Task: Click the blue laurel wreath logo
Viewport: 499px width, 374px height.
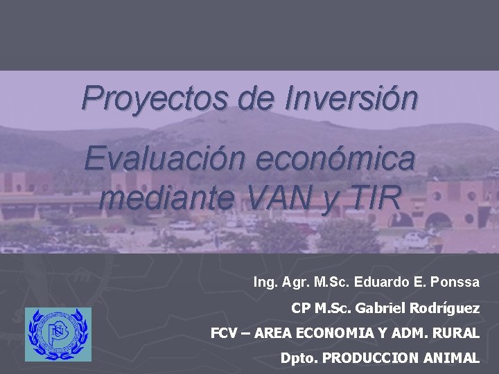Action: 58,335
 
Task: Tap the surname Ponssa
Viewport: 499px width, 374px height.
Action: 455,282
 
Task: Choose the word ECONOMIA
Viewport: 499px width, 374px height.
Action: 337,333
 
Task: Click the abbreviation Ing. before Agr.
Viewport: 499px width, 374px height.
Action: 264,283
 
